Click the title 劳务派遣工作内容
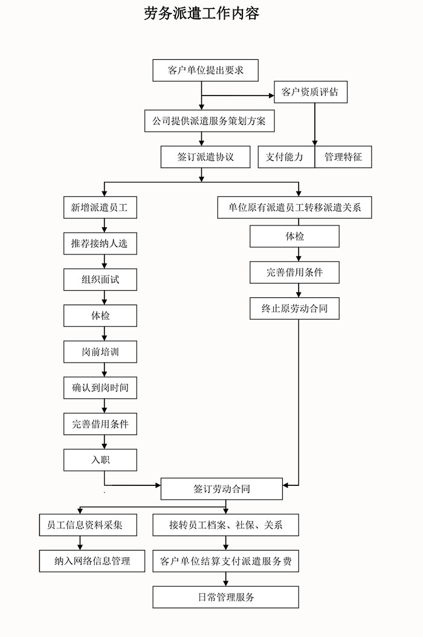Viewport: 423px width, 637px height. (x=202, y=14)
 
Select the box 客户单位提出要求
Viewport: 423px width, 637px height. (x=205, y=70)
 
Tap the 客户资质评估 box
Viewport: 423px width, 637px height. (x=310, y=92)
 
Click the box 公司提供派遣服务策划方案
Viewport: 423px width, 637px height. (x=210, y=121)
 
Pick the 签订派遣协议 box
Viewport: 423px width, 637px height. (x=205, y=157)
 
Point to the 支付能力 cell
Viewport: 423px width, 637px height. (x=286, y=157)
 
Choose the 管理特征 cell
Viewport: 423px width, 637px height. (x=343, y=157)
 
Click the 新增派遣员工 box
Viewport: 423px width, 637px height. (x=100, y=208)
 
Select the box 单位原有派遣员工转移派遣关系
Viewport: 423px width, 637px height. (x=294, y=208)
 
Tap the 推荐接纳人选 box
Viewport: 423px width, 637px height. (x=100, y=244)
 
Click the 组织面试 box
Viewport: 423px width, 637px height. (x=100, y=279)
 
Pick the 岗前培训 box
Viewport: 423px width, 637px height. (x=100, y=352)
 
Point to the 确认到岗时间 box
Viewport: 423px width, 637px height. (x=100, y=388)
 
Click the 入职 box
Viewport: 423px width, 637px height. (x=100, y=460)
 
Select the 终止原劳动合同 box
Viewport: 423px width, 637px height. (x=294, y=308)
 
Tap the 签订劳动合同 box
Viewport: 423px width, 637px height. (x=222, y=489)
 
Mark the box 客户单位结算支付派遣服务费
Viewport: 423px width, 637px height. (x=225, y=561)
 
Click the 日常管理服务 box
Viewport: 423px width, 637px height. (x=225, y=597)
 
